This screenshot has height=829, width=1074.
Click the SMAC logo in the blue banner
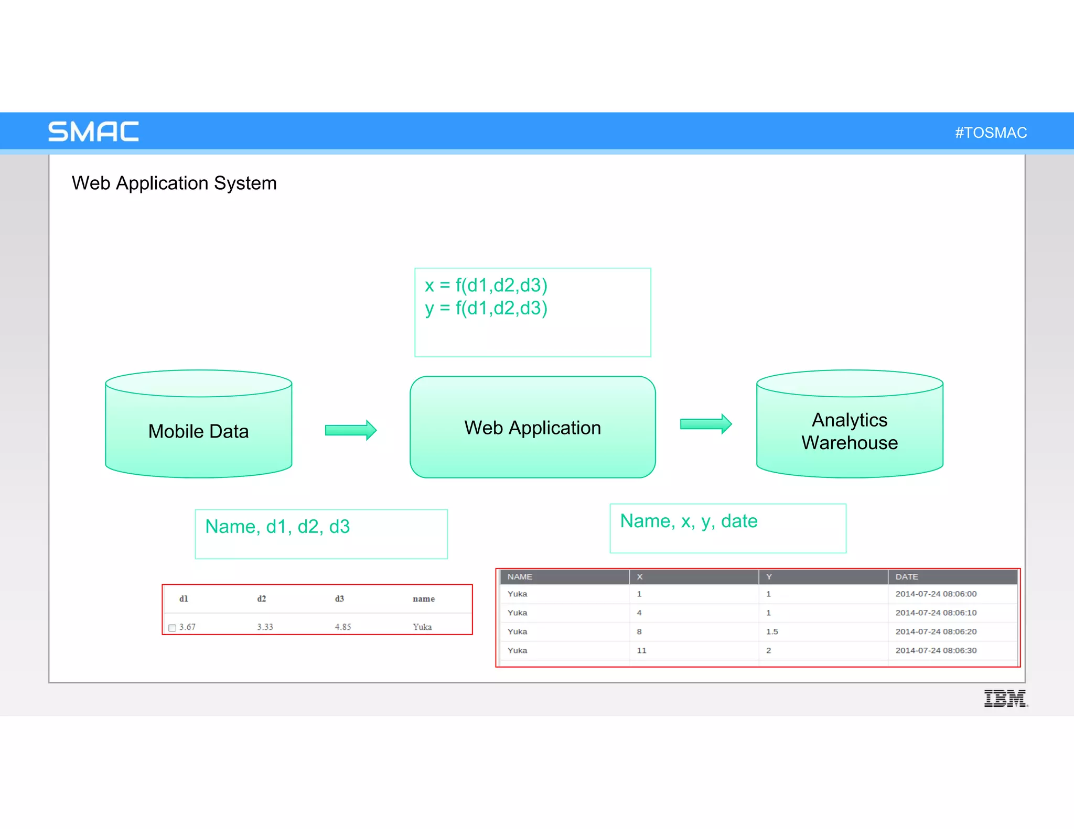(93, 132)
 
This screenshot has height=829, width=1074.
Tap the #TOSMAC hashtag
(991, 133)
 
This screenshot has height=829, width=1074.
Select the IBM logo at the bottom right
(1005, 699)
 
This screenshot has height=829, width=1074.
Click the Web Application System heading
(174, 183)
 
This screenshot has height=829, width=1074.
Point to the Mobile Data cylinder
(198, 431)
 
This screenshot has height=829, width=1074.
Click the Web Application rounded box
(532, 428)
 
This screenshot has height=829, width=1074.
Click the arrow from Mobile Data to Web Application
(350, 430)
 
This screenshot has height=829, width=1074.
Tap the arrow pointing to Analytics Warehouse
(705, 424)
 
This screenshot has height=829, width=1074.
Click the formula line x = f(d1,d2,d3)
(486, 286)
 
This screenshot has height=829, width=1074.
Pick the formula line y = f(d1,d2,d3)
(486, 308)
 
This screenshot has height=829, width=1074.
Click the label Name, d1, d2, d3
(277, 527)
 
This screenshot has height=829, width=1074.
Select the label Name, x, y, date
(689, 521)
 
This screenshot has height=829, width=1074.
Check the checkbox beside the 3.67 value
(172, 628)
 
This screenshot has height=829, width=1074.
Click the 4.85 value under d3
(343, 627)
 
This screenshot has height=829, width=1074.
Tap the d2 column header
(262, 598)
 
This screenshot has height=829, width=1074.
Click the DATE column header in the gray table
(907, 576)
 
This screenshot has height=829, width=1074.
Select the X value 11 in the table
(641, 650)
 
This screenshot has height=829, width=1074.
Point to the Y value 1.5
(772, 631)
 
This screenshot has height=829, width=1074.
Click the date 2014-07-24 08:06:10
(936, 613)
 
